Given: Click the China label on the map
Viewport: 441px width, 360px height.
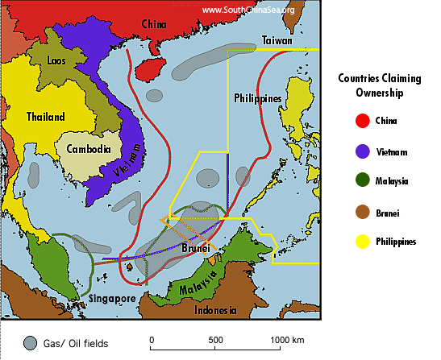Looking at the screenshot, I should tap(154, 23).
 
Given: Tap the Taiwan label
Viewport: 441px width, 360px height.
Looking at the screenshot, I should tap(277, 40).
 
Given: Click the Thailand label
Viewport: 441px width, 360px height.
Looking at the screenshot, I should tap(45, 117).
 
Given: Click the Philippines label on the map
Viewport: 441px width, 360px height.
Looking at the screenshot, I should tap(258, 98).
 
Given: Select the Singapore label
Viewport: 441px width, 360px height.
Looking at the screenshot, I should tap(110, 298).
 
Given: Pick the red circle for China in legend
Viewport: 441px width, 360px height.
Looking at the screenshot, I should tap(360, 122).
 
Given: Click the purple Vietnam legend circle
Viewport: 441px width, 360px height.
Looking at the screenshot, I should tap(360, 151).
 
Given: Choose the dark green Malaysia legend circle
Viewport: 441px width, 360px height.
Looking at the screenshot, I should tap(360, 181).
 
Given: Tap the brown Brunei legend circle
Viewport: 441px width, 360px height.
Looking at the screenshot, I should tap(360, 211).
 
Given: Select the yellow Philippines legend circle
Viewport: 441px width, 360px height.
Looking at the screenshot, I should tap(360, 241).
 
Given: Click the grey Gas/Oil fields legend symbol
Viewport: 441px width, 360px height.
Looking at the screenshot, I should tap(30, 343).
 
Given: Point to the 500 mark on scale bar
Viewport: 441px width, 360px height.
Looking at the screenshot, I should tap(215, 340).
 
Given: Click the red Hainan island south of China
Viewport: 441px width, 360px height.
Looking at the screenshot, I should tap(148, 68).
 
